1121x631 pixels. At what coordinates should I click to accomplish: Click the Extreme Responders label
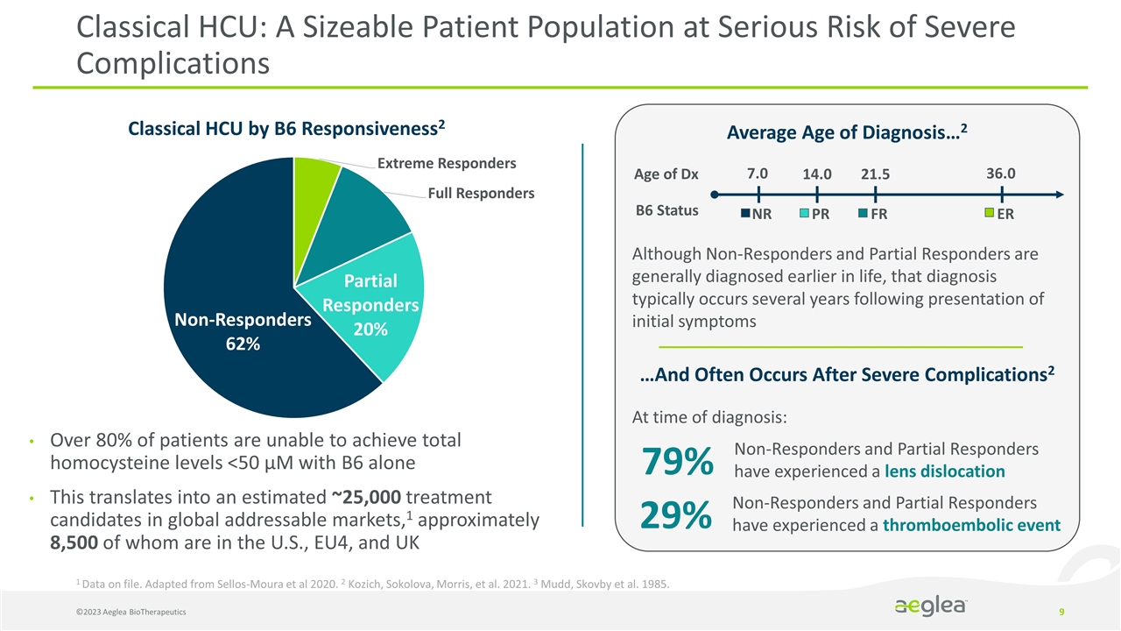447,163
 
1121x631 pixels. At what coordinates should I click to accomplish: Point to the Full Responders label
481,193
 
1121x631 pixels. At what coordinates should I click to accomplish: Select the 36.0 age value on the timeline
1001,174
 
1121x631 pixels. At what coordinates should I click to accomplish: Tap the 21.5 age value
875,174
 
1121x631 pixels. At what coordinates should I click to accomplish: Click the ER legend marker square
990,213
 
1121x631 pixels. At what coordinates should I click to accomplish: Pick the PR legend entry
814,214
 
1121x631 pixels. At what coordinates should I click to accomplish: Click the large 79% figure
677,462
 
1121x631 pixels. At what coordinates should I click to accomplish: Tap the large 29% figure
677,516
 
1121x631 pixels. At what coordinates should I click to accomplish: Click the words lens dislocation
944,471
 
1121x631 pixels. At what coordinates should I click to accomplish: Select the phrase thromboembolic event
971,526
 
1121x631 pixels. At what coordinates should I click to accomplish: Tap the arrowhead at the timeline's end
1060,195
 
